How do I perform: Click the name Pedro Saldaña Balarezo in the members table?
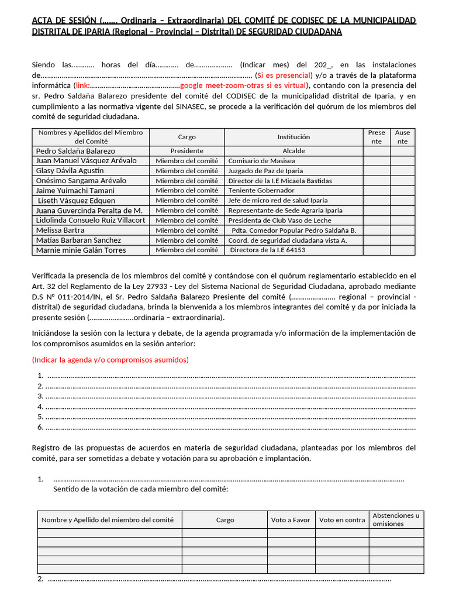coord(75,151)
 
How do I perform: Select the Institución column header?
coord(293,137)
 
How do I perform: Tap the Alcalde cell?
coord(293,151)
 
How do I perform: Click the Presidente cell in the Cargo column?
coord(186,151)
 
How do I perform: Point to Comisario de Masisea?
coord(261,161)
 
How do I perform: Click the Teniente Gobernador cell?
coord(261,191)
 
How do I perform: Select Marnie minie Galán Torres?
coord(81,250)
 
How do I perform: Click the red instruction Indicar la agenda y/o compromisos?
coord(110,359)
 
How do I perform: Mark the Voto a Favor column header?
coord(291,519)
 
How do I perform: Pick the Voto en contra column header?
coord(342,519)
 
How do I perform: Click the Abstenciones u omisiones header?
coord(396,519)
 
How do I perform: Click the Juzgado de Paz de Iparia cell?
coord(265,171)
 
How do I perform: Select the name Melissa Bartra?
coord(60,230)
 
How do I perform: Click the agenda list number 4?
coord(40,407)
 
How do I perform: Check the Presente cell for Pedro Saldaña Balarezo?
coord(376,151)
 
